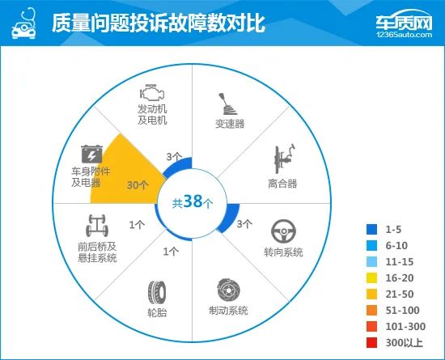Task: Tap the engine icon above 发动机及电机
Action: [152, 92]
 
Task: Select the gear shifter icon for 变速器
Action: [227, 104]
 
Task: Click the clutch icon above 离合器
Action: [284, 159]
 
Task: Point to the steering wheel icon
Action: [283, 231]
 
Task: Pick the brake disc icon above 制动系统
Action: [228, 290]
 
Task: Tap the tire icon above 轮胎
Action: [157, 292]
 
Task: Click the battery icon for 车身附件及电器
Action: [91, 154]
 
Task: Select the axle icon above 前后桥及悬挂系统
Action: [97, 226]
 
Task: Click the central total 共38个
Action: [193, 202]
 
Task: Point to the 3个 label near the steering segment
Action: [244, 224]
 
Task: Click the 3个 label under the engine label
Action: [174, 157]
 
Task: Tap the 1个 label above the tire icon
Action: [171, 252]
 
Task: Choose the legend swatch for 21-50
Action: [372, 294]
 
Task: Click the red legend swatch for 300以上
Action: [372, 343]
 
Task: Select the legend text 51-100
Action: [402, 311]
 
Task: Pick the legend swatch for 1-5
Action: [372, 229]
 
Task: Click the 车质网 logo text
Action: [404, 22]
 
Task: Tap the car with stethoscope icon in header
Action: [23, 23]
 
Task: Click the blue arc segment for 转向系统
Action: [230, 218]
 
